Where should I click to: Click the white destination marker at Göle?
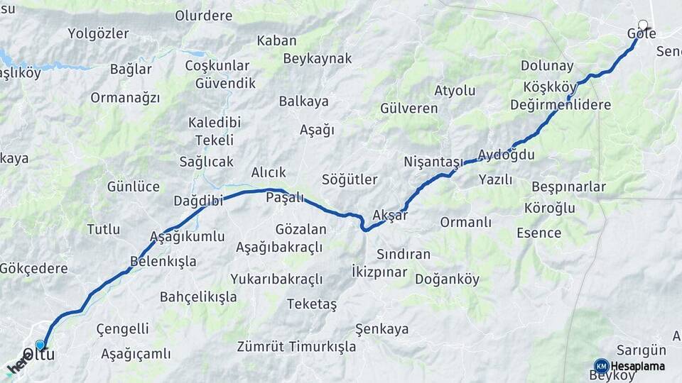point(643,25)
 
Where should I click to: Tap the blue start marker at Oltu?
point(40,345)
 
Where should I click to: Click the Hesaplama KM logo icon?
point(601,366)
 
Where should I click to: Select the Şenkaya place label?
point(382,329)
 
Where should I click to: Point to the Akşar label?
point(390,216)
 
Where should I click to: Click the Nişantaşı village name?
point(433,161)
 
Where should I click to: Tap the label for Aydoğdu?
point(506,155)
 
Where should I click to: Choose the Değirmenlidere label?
point(561,105)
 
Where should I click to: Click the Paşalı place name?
point(284,198)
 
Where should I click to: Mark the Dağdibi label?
point(198,201)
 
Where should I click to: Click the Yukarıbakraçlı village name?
point(276,279)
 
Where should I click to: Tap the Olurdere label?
point(204,14)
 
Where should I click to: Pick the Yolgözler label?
point(98,33)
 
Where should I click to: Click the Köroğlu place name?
point(549,209)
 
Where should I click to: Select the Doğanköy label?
point(447,278)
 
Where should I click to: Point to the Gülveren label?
point(408,109)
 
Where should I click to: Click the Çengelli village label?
point(122,329)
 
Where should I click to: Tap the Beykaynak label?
point(318,59)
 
